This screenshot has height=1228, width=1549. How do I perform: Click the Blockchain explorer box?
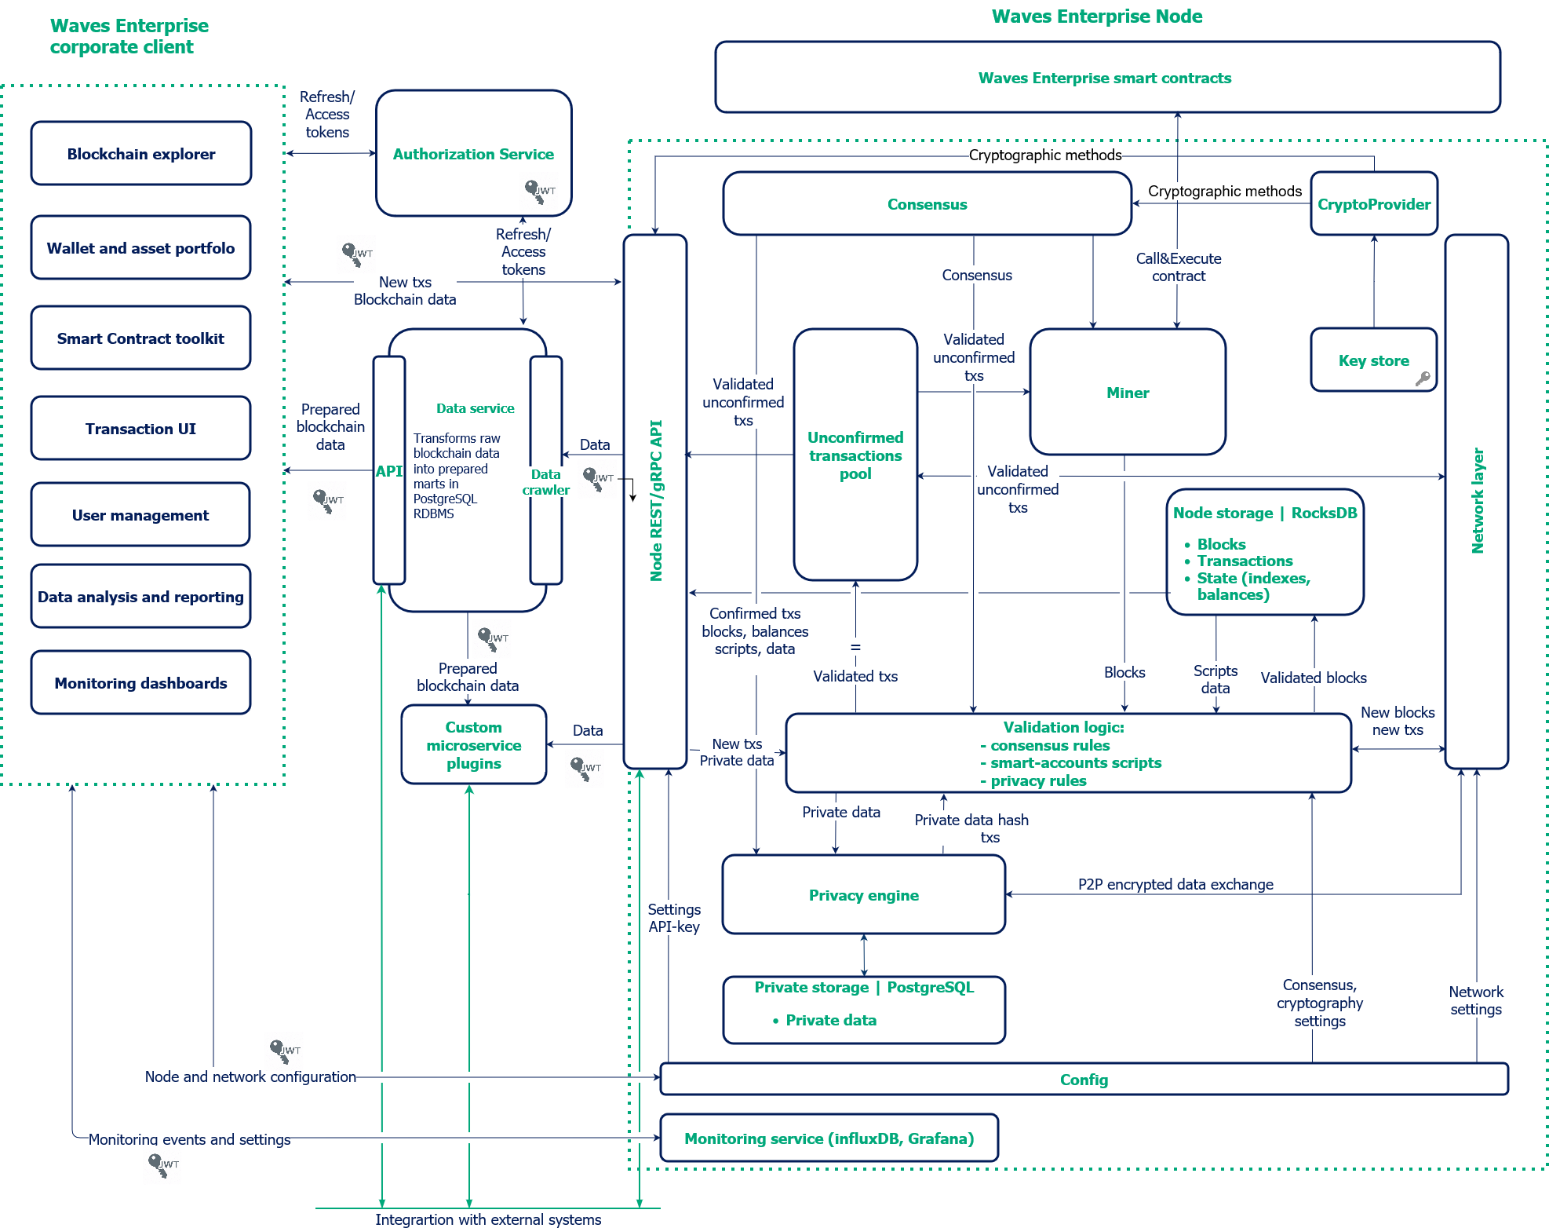(141, 154)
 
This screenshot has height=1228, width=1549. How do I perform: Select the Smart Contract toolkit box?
(141, 338)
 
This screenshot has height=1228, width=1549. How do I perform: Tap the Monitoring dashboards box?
(141, 683)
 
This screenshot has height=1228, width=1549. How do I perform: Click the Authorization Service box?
(473, 154)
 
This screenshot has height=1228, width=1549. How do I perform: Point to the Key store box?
(1373, 360)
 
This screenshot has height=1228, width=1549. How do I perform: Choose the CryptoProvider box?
(1373, 204)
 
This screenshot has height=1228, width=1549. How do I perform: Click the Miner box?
(1128, 393)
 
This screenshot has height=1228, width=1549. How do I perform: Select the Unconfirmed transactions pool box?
(855, 455)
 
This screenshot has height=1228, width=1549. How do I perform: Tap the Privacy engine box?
(863, 895)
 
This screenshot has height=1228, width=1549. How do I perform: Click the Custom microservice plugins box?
(473, 745)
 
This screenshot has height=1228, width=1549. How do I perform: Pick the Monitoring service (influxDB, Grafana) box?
(829, 1138)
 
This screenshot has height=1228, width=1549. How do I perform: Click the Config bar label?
(1084, 1080)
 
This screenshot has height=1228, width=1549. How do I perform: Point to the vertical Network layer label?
(1477, 501)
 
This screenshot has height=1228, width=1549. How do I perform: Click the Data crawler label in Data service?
(545, 482)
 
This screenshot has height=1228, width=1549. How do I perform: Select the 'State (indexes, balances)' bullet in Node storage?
(1252, 587)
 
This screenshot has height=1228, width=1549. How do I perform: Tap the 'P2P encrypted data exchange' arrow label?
(1175, 884)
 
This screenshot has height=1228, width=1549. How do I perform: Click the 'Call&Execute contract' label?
(1178, 267)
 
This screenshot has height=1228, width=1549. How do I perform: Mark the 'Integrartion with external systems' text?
(488, 1219)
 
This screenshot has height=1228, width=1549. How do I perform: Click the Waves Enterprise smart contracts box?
(1106, 78)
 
